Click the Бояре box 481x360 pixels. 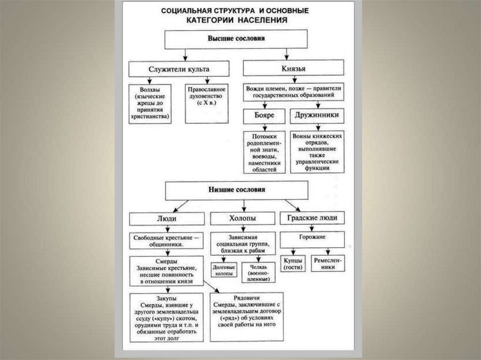(x=264, y=115)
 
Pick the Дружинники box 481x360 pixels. (x=318, y=115)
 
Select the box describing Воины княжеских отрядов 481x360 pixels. (x=318, y=151)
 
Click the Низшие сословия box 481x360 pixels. (x=236, y=190)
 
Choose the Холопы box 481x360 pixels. (x=242, y=219)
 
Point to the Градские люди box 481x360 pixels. (x=312, y=218)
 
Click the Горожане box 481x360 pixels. (x=312, y=239)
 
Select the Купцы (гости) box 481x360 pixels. (x=293, y=263)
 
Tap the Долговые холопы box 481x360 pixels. (x=224, y=270)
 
